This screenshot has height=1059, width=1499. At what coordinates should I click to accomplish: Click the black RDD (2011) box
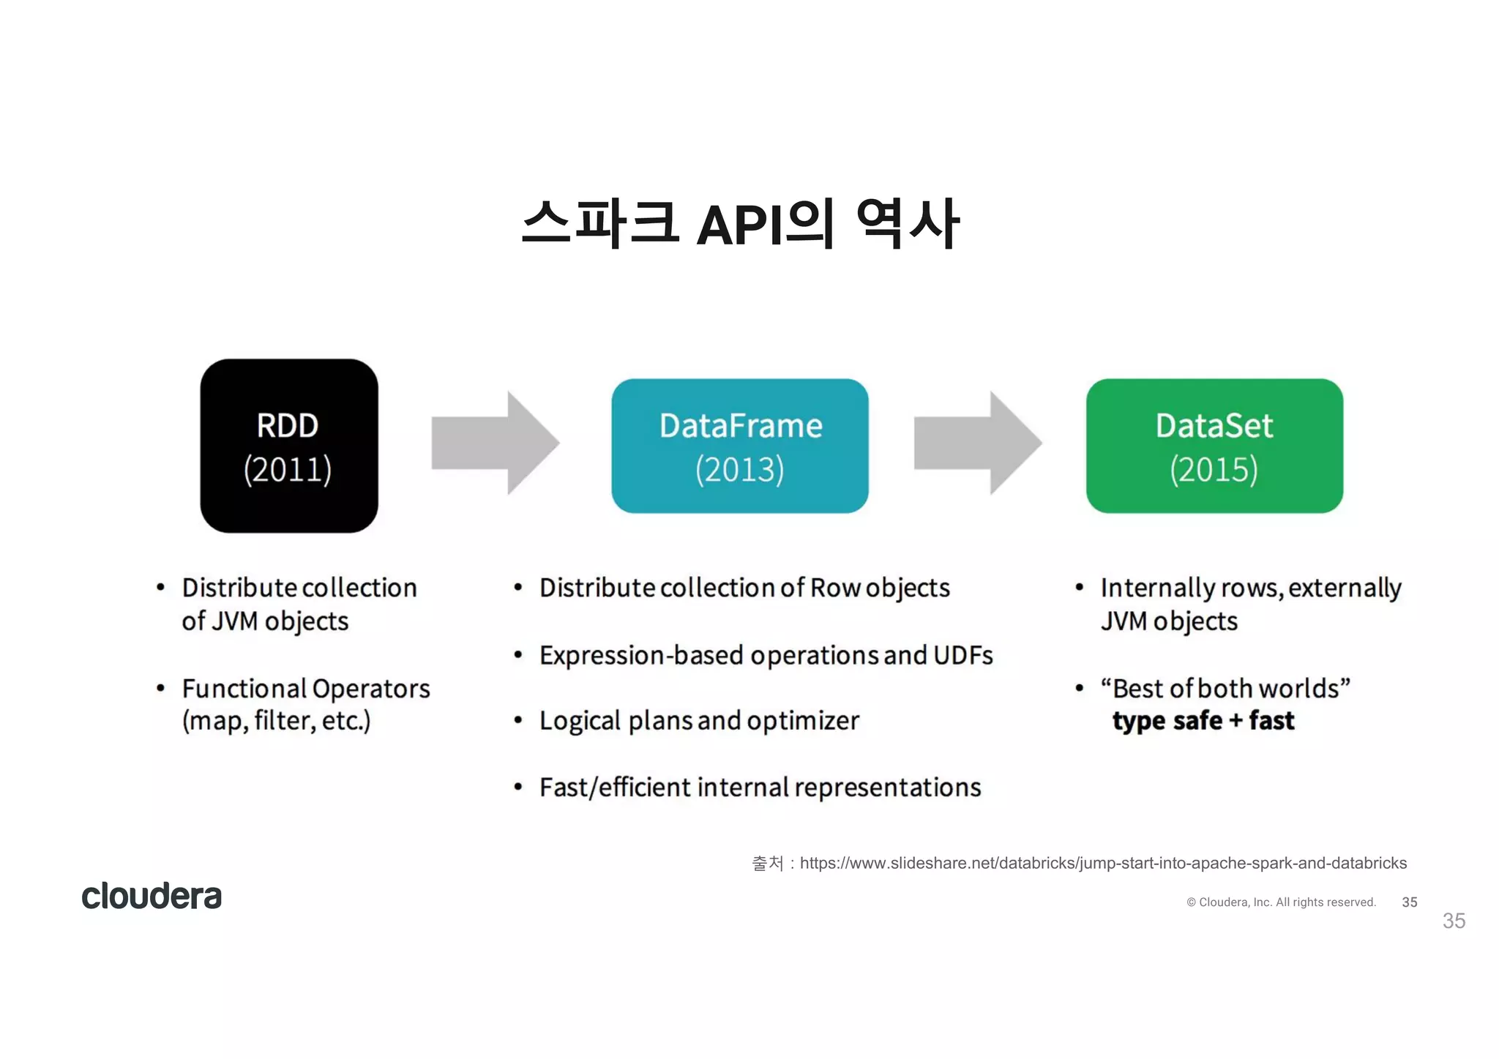pyautogui.click(x=289, y=445)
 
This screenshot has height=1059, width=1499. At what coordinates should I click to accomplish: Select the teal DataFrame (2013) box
pyautogui.click(x=739, y=445)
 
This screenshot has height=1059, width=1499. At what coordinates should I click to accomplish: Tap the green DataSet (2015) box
pyautogui.click(x=1214, y=445)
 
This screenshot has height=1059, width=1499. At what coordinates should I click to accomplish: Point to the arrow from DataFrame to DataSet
pyautogui.click(x=977, y=443)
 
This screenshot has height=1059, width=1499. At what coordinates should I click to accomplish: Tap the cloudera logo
pyautogui.click(x=152, y=896)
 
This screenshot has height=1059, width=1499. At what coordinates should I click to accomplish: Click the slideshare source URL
pyautogui.click(x=1102, y=863)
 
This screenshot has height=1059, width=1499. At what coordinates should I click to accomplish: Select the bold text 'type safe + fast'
pyautogui.click(x=1203, y=721)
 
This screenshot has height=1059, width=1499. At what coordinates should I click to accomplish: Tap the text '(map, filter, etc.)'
pyautogui.click(x=276, y=721)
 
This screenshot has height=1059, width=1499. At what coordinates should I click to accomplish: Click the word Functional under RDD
pyautogui.click(x=244, y=689)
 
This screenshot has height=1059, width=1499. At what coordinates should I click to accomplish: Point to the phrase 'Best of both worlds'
pyautogui.click(x=1225, y=689)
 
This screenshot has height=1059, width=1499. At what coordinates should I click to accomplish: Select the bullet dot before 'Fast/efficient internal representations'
pyautogui.click(x=518, y=787)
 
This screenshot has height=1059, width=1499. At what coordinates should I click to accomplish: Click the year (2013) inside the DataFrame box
pyautogui.click(x=739, y=469)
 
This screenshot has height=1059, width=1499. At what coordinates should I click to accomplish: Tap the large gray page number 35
pyautogui.click(x=1453, y=921)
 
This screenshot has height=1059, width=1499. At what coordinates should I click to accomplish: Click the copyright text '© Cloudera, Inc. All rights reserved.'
pyautogui.click(x=1281, y=902)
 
